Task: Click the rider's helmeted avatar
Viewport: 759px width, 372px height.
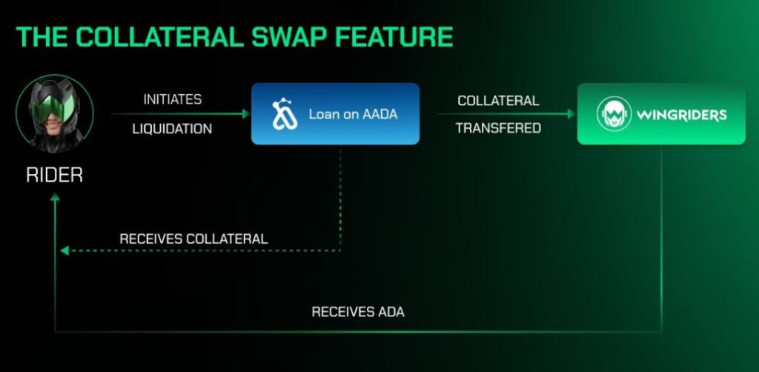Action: tap(54, 113)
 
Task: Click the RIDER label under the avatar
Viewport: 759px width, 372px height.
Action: tap(54, 175)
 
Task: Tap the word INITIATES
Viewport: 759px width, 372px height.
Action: tap(173, 99)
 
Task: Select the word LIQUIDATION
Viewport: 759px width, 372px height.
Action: tap(172, 129)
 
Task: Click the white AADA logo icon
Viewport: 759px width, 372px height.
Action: tap(285, 113)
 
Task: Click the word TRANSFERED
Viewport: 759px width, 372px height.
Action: tap(498, 128)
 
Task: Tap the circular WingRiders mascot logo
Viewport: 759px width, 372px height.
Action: tap(614, 113)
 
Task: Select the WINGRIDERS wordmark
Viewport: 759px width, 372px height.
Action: tap(682, 115)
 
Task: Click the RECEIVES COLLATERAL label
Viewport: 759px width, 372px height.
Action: tap(193, 239)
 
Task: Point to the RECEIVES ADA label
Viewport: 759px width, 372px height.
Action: tap(358, 312)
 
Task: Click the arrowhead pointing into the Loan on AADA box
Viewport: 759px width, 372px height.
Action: tap(245, 113)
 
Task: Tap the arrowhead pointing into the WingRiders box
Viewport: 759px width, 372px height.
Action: tap(571, 113)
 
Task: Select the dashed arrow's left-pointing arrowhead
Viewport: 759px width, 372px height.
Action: tap(64, 250)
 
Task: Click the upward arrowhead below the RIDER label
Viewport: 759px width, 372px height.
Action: tap(55, 197)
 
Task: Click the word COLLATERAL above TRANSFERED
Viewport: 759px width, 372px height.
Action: tap(498, 101)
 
